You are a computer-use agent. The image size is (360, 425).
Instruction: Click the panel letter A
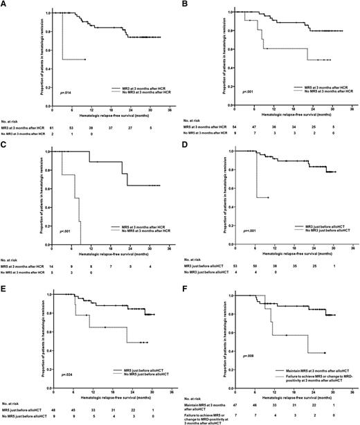pos(3,4)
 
